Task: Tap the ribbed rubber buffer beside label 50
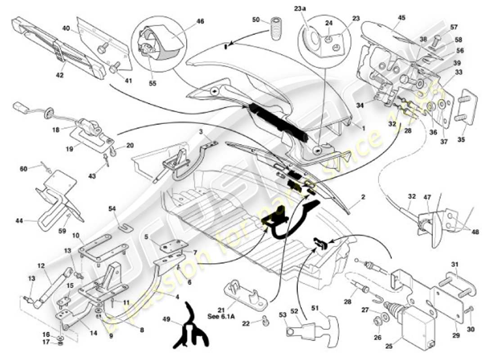[275, 28]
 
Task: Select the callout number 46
[200, 21]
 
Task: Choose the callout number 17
[46, 343]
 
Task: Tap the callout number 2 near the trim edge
[363, 198]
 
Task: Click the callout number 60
[23, 168]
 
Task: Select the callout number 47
[427, 198]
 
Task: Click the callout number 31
[454, 265]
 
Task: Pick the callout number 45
[401, 18]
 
